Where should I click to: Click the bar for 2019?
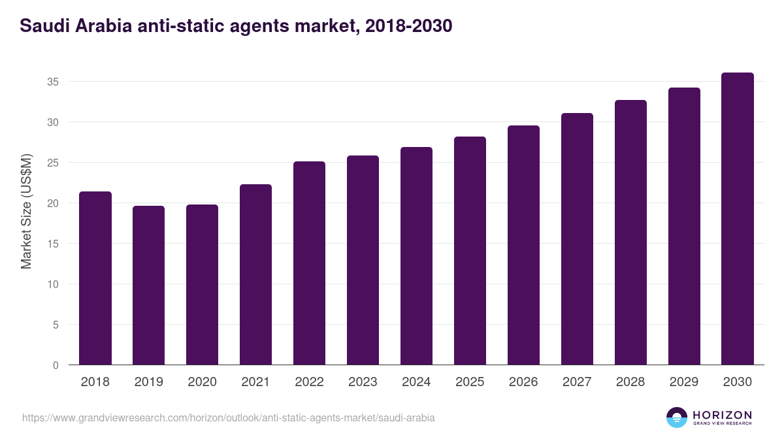click(149, 286)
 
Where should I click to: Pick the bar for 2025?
click(470, 251)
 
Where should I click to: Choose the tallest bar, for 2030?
click(738, 219)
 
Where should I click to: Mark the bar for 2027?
click(577, 239)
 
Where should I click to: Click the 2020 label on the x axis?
click(203, 382)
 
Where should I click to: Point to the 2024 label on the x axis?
click(416, 382)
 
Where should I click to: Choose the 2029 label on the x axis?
click(684, 382)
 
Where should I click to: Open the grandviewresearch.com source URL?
click(229, 417)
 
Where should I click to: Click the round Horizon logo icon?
click(677, 417)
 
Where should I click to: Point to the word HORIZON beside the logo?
click(722, 415)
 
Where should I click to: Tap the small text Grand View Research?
click(722, 423)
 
